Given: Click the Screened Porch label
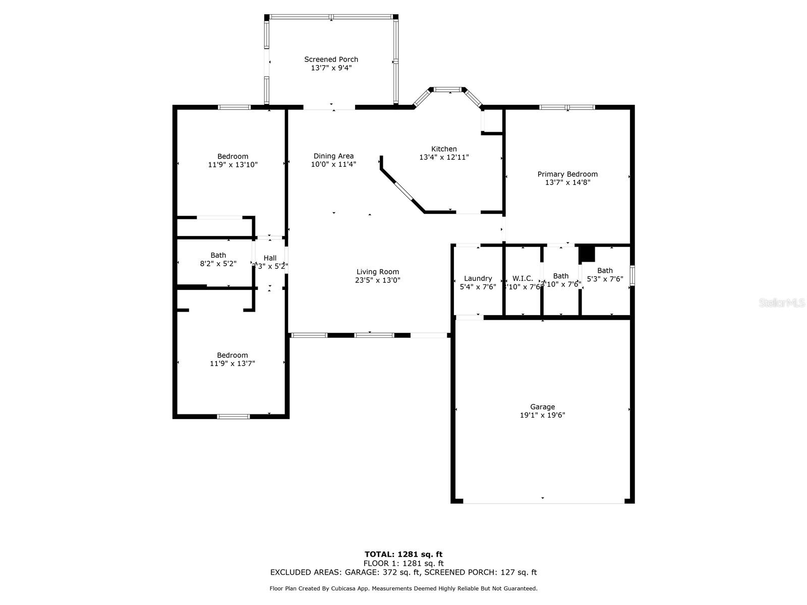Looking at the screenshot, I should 331,59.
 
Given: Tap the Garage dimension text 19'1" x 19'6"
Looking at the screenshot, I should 542,415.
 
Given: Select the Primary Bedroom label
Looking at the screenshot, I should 567,174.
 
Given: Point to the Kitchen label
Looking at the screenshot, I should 444,149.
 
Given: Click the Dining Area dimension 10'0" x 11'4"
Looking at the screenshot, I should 333,164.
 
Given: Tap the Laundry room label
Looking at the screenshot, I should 478,279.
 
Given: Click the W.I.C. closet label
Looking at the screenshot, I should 523,279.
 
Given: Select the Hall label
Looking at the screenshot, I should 270,258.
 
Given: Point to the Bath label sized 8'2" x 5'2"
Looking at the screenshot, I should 218,256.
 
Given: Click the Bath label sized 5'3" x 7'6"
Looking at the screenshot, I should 605,271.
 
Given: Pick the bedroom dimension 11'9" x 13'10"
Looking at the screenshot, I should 233,165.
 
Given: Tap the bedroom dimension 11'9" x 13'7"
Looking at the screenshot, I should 233,364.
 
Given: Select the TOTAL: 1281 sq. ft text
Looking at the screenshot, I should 403,555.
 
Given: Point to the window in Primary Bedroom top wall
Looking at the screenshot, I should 567,107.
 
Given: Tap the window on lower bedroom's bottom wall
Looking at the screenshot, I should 233,416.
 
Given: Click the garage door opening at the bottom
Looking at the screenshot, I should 543,502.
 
